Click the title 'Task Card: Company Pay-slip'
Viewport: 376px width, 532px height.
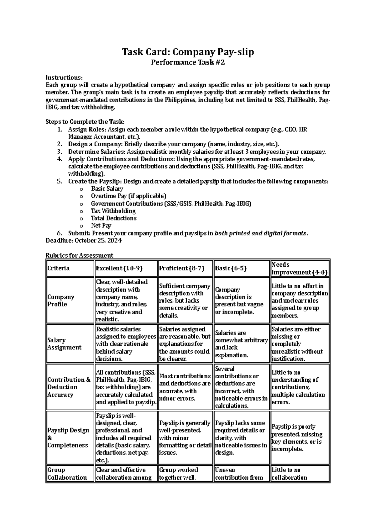pos(188,51)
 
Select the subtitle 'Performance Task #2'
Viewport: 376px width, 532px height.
pos(188,62)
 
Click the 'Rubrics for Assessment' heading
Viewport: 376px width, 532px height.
pos(79,255)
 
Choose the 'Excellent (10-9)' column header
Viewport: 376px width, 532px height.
pos(119,268)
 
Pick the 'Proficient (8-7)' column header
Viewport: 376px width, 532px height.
pos(182,268)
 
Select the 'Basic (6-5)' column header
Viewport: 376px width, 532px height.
pos(231,268)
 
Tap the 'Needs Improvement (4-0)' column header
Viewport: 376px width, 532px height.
pos(299,269)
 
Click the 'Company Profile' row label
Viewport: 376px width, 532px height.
pos(61,301)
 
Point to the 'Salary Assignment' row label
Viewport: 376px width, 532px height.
pos(64,344)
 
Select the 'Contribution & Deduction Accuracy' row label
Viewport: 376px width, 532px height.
pos(69,387)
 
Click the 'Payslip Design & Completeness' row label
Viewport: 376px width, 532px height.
pos(68,438)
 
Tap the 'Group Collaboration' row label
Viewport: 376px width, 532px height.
pos(67,474)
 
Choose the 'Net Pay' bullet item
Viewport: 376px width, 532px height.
pos(101,226)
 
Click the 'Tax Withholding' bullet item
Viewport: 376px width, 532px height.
pos(113,211)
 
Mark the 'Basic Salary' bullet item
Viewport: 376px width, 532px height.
pos(107,189)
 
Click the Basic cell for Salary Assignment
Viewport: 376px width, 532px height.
pos(241,344)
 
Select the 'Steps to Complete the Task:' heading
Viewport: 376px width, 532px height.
pos(85,122)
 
